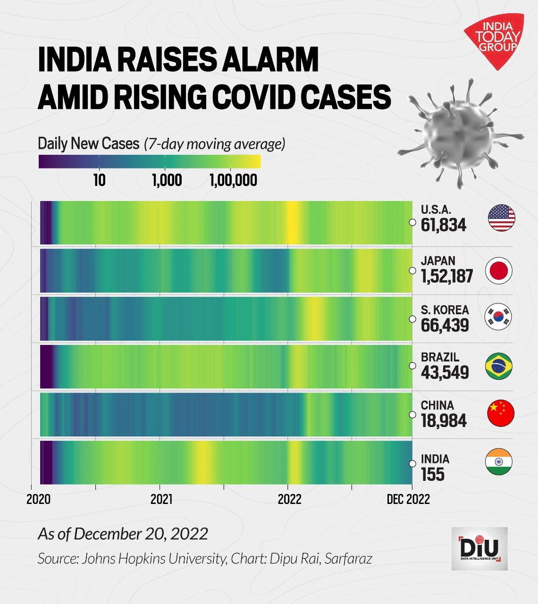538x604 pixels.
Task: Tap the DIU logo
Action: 479,548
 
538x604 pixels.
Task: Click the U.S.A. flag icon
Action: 501,218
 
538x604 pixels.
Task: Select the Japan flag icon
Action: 499,271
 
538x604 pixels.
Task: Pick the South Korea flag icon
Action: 499,317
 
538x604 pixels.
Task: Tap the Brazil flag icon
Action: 499,367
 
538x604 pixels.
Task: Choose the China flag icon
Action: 500,414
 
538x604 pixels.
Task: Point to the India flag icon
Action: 499,461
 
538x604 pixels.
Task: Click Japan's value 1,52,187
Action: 447,276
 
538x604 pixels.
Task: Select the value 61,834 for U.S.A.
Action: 444,225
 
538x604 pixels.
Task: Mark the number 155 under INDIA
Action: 433,474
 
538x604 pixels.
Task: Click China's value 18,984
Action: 444,420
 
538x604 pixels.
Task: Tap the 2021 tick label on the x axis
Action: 161,500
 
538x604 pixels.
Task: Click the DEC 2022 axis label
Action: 408,500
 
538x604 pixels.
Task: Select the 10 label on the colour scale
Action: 99,180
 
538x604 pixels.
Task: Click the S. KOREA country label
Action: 445,310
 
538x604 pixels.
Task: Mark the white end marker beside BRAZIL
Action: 412,366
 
